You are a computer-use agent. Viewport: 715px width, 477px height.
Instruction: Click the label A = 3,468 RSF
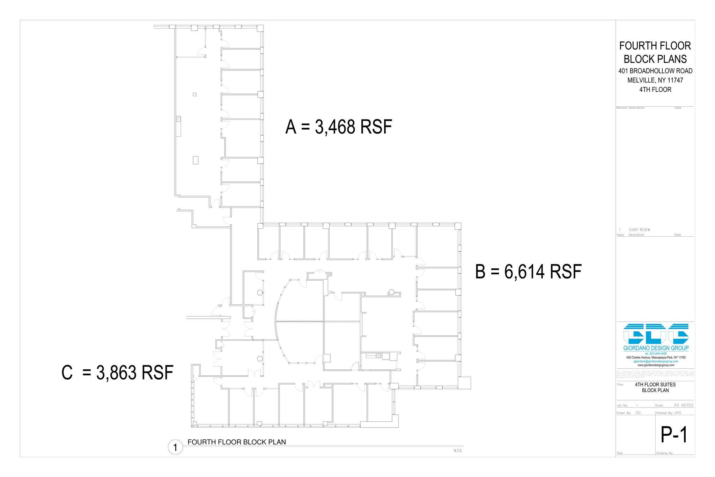click(339, 127)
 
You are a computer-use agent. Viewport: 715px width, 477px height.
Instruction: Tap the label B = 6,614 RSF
click(528, 272)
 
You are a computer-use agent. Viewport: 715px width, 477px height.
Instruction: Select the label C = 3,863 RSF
click(117, 373)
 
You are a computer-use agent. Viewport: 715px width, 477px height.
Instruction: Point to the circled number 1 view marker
click(175, 447)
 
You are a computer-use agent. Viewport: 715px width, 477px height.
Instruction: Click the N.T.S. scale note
click(458, 451)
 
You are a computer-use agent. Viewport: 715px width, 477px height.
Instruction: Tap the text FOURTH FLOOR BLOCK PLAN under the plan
click(237, 442)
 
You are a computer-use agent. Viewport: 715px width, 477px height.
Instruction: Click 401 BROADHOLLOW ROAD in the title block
click(655, 71)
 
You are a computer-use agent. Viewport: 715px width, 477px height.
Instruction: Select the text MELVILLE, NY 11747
click(655, 80)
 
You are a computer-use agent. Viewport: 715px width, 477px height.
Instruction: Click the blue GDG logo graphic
click(656, 334)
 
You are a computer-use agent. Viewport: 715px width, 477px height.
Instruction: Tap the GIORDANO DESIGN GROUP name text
click(656, 348)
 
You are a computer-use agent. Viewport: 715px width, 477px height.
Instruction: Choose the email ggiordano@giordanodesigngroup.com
click(656, 361)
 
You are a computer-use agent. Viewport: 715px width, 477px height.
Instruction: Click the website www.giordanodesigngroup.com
click(656, 365)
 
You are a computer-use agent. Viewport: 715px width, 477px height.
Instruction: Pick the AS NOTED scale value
click(683, 405)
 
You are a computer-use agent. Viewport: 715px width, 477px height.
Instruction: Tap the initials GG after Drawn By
click(638, 413)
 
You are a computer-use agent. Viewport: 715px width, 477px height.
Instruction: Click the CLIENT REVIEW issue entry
click(639, 230)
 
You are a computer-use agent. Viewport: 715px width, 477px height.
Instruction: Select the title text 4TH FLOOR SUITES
click(655, 385)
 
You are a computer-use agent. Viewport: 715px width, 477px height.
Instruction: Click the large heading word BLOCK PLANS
click(655, 59)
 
